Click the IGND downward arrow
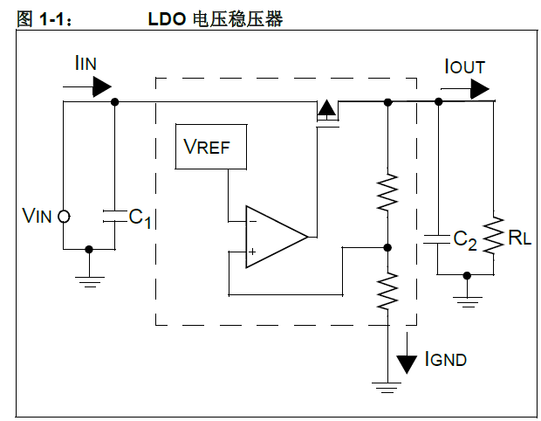coord(406,360)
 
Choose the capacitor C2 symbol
coord(438,238)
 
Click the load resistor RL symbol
coord(495,237)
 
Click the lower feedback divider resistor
coord(387,292)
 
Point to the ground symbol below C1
coord(89,280)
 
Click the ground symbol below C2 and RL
coord(468,301)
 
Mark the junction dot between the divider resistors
coord(387,247)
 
